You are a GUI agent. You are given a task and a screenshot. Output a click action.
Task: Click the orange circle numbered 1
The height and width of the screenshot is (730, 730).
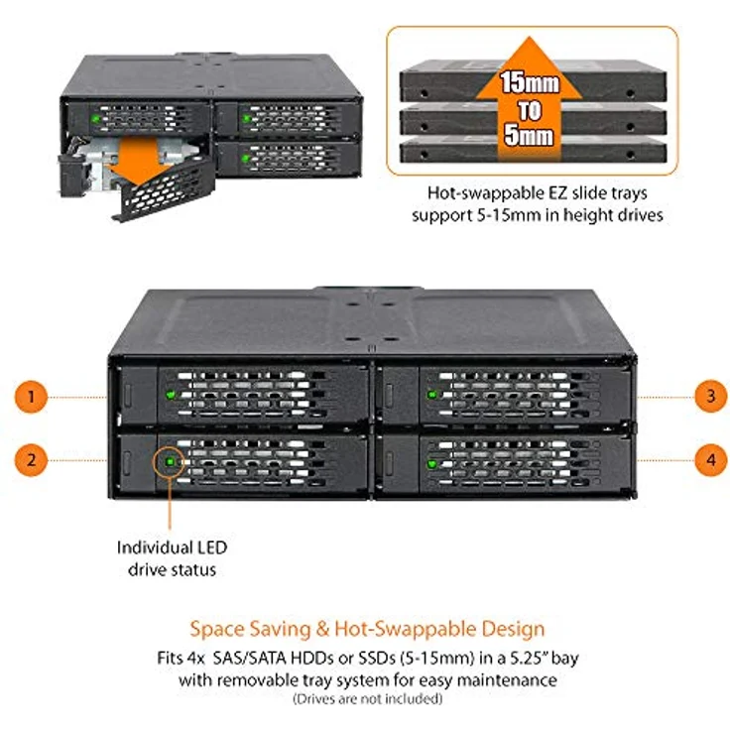click(x=31, y=397)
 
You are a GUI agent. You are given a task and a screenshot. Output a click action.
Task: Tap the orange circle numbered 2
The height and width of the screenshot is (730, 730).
click(x=31, y=460)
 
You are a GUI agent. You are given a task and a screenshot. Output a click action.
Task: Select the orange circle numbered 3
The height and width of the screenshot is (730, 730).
click(x=711, y=396)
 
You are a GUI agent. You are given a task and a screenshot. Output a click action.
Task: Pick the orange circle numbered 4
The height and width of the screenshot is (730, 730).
click(x=711, y=460)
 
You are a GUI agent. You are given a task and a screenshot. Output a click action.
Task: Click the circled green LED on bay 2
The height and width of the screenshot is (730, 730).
click(x=170, y=462)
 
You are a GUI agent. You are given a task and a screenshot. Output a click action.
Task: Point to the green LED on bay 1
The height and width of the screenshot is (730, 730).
click(x=171, y=395)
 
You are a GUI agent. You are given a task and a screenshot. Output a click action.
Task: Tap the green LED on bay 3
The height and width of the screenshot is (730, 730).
click(x=432, y=395)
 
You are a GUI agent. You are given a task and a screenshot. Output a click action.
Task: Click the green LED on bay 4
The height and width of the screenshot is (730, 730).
click(x=431, y=464)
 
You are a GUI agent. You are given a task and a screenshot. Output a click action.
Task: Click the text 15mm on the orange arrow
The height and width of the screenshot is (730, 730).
click(x=530, y=83)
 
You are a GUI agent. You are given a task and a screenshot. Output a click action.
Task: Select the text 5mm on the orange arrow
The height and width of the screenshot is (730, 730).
click(x=530, y=136)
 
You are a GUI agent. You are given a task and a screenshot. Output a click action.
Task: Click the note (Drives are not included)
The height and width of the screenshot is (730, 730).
click(x=368, y=699)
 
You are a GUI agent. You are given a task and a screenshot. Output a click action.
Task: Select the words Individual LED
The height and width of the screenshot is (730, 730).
click(x=172, y=547)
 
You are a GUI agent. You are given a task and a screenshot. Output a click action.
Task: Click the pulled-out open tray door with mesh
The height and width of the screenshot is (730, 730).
click(x=163, y=190)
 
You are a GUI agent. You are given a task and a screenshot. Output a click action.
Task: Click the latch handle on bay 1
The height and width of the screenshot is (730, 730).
click(x=128, y=396)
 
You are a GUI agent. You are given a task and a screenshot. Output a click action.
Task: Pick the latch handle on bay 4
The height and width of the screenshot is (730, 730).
click(x=389, y=464)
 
